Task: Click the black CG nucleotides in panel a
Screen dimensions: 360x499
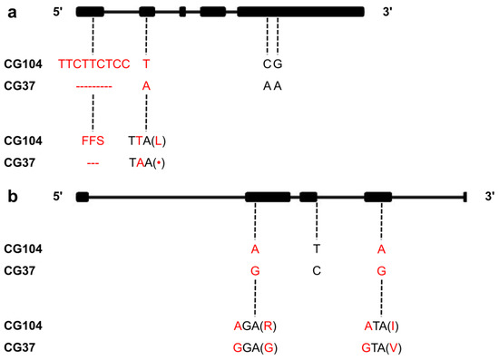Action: (272, 63)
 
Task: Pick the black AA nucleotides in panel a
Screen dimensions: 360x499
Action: (272, 86)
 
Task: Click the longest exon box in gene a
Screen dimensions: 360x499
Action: (300, 12)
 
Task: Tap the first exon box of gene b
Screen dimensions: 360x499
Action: (82, 197)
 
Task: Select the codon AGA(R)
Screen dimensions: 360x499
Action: (256, 324)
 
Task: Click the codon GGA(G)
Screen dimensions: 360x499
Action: (256, 346)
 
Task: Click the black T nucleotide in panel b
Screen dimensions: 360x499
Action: (317, 247)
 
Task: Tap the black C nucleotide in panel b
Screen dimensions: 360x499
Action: (317, 269)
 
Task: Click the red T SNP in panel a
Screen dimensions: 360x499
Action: (146, 63)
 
